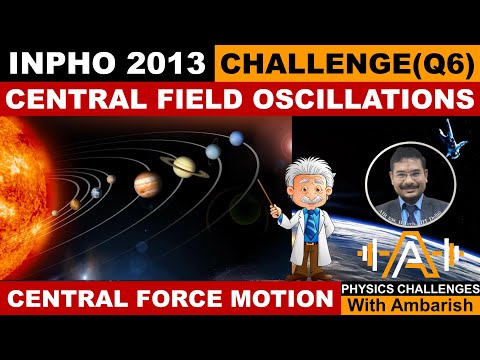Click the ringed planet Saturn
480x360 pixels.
click(x=184, y=166)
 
